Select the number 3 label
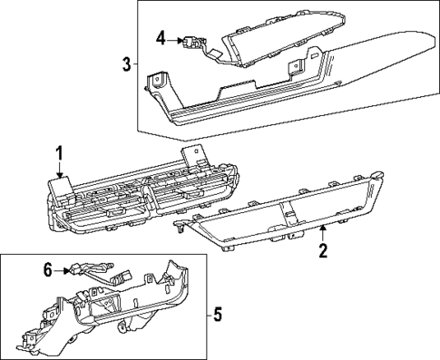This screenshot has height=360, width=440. [126, 64]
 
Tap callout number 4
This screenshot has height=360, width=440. [161, 38]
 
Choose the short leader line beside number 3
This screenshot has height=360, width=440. [135, 64]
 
